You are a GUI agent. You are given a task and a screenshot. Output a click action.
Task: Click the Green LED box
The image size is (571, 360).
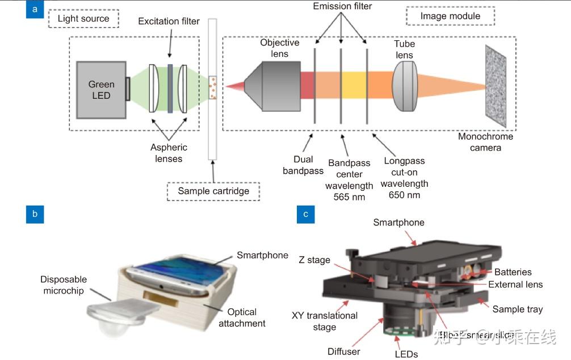point(101,90)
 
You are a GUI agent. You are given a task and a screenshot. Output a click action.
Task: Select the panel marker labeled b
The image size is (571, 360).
point(35,214)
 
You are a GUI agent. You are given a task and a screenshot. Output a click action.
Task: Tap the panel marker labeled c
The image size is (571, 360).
point(306,214)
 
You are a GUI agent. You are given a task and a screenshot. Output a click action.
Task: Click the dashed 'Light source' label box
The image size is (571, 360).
point(83,19)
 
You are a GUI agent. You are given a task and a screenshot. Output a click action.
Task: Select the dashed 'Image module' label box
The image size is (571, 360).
point(450,16)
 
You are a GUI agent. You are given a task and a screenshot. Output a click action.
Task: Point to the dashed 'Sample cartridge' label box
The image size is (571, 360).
point(213,191)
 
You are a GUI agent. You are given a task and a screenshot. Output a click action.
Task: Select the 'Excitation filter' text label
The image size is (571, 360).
point(169,22)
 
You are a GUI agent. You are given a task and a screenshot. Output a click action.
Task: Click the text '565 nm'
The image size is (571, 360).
point(349,197)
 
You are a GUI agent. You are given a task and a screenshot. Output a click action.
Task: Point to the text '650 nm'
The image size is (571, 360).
point(404,195)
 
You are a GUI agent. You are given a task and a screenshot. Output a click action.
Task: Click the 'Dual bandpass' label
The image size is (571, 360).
point(303,165)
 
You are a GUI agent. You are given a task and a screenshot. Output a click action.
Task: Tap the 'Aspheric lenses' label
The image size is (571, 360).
point(169,153)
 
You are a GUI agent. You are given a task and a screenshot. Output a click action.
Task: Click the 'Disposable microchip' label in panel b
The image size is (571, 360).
point(64,285)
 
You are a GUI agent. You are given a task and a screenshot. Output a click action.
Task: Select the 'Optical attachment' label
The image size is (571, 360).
point(242,317)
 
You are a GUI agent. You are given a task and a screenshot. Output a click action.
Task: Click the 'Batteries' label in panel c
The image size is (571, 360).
point(513,272)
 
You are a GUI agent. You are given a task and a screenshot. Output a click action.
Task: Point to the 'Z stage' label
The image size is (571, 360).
point(314,260)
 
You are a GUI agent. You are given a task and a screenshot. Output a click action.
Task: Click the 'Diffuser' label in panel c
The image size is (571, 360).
point(343,351)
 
